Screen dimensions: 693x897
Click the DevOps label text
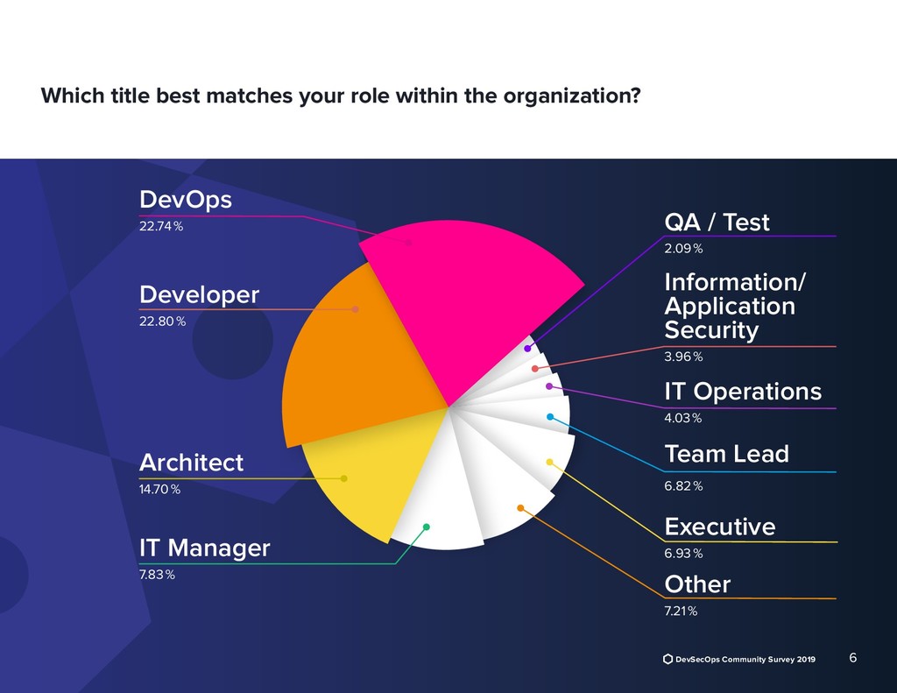tap(186, 201)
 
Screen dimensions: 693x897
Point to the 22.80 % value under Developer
tap(163, 321)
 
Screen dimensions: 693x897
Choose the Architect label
tap(191, 463)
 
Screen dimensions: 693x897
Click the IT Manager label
tap(205, 548)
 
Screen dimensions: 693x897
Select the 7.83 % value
tap(158, 575)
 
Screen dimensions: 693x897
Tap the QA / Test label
tap(717, 223)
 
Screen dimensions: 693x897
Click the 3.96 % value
tap(683, 357)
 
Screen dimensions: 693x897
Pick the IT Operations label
tap(743, 392)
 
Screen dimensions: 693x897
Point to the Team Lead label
tap(726, 454)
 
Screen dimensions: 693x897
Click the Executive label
tap(719, 527)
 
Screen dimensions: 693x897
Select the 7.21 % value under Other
tap(682, 612)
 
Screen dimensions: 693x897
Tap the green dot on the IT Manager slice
tap(427, 527)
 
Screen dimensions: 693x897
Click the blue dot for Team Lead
tap(550, 417)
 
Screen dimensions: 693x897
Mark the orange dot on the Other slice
tap(520, 507)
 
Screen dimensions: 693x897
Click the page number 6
tap(853, 658)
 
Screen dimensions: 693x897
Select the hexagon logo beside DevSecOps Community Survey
tap(667, 659)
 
